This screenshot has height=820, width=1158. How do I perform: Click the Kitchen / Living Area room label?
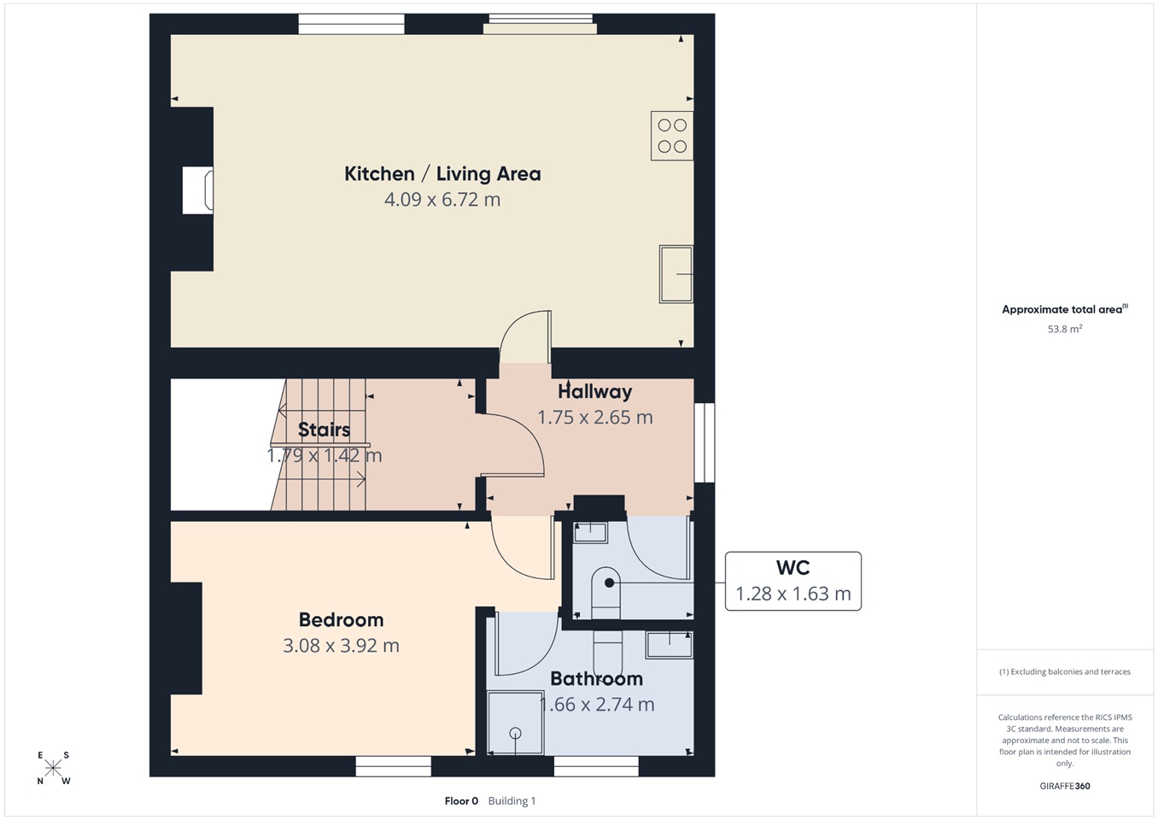tap(442, 173)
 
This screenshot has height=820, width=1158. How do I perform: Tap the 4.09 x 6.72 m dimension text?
tap(442, 200)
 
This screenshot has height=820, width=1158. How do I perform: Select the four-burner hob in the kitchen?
tap(672, 136)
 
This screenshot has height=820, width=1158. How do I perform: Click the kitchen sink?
tap(676, 274)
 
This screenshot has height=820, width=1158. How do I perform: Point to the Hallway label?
tap(595, 391)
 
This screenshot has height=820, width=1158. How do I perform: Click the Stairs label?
tap(325, 430)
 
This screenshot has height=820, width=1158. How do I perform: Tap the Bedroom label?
tap(342, 619)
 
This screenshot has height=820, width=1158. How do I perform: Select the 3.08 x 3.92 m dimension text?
tap(342, 645)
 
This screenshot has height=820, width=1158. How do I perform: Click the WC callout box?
tap(793, 581)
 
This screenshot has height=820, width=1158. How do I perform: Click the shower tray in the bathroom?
tap(515, 723)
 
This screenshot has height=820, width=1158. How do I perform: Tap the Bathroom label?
tap(597, 678)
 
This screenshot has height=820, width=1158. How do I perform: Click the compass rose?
tap(53, 768)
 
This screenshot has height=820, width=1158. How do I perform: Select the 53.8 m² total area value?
tap(1065, 329)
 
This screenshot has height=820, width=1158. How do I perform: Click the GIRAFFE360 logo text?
tap(1065, 786)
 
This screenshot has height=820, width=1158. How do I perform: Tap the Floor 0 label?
tap(461, 801)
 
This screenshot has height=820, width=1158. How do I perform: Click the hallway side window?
tap(704, 442)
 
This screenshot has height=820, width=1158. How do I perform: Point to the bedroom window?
tap(394, 766)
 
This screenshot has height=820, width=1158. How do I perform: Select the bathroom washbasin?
tap(670, 645)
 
